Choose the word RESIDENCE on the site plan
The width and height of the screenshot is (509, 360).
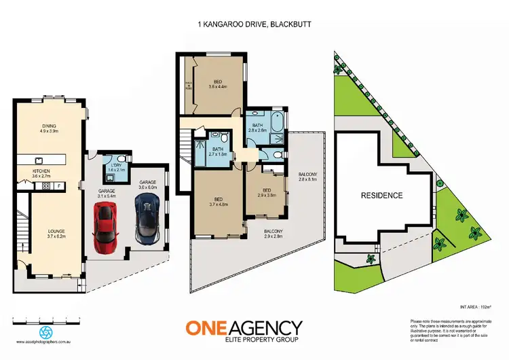click(x=381, y=196)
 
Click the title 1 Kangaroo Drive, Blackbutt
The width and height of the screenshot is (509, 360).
click(x=254, y=24)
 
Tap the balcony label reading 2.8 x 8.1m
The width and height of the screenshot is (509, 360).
click(x=307, y=179)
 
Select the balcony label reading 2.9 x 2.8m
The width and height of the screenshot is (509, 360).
click(x=274, y=235)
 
